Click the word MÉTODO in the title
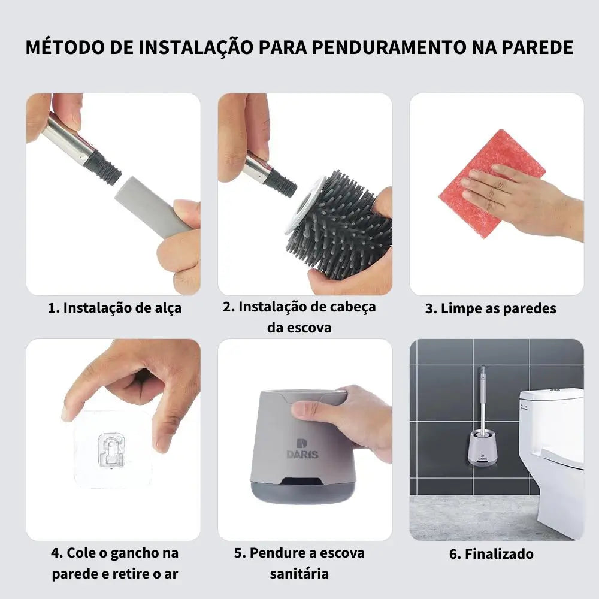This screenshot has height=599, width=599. point(65,47)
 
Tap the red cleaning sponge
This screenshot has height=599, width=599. point(492,183)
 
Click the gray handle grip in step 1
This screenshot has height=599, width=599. point(153,205)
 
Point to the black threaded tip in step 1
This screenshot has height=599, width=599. point(102,167)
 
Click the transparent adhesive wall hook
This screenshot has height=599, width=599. point(111,449)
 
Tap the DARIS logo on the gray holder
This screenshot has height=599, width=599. point(302,449)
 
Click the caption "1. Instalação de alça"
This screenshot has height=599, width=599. point(114,308)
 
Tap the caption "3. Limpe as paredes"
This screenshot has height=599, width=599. point(491,308)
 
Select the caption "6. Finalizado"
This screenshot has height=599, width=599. point(491,553)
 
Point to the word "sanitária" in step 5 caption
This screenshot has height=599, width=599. point(299,574)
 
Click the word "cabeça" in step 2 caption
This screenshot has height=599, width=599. point(353,307)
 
